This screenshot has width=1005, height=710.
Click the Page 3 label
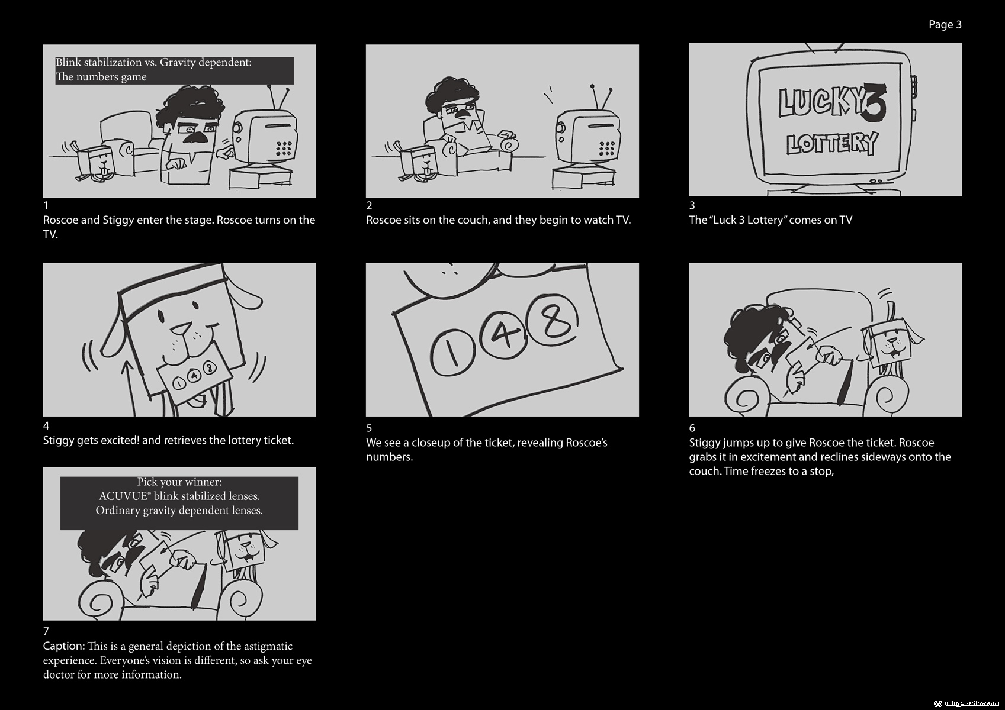pos(945,25)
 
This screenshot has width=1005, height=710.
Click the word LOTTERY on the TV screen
pos(831,143)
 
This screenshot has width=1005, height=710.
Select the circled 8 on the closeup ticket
pos(553,319)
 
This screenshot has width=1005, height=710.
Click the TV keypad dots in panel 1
pos(284,149)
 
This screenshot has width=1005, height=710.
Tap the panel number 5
pos(369,428)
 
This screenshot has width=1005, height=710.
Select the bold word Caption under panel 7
pos(64,646)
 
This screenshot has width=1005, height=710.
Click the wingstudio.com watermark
pos(969,703)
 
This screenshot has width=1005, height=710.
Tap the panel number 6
pos(692,428)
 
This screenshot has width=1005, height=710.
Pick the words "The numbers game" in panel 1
pos(101,77)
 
